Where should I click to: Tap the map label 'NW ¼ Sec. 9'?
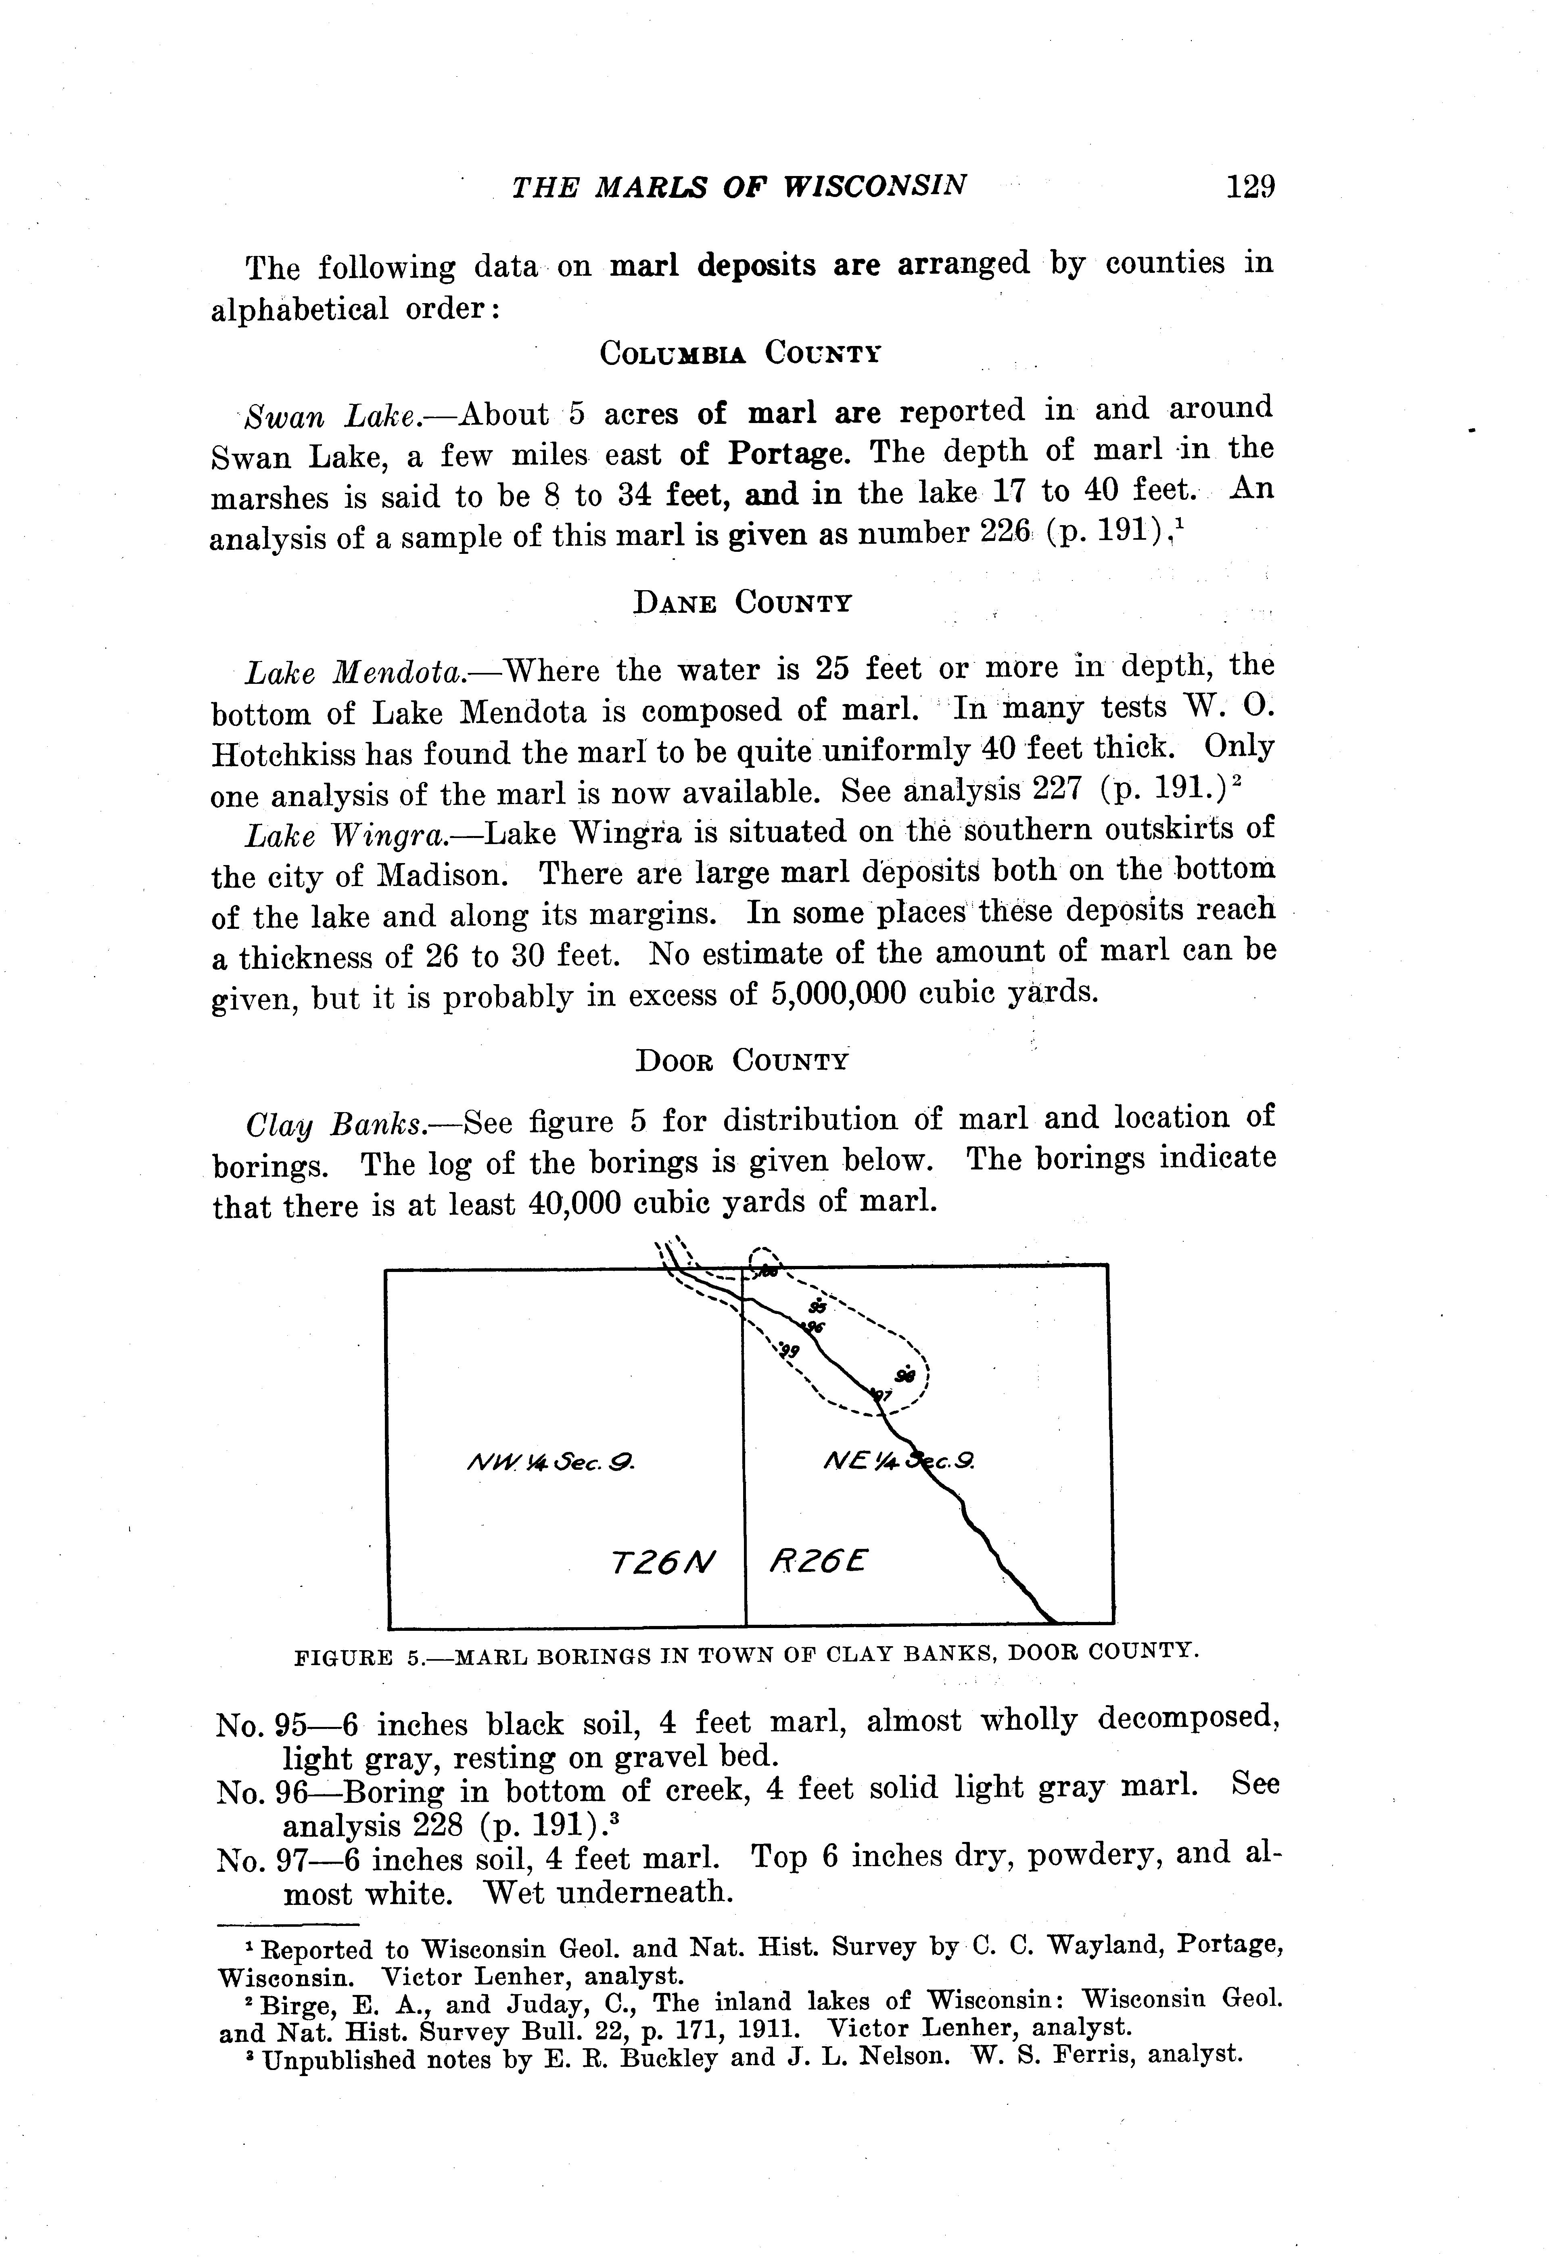click(551, 1462)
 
